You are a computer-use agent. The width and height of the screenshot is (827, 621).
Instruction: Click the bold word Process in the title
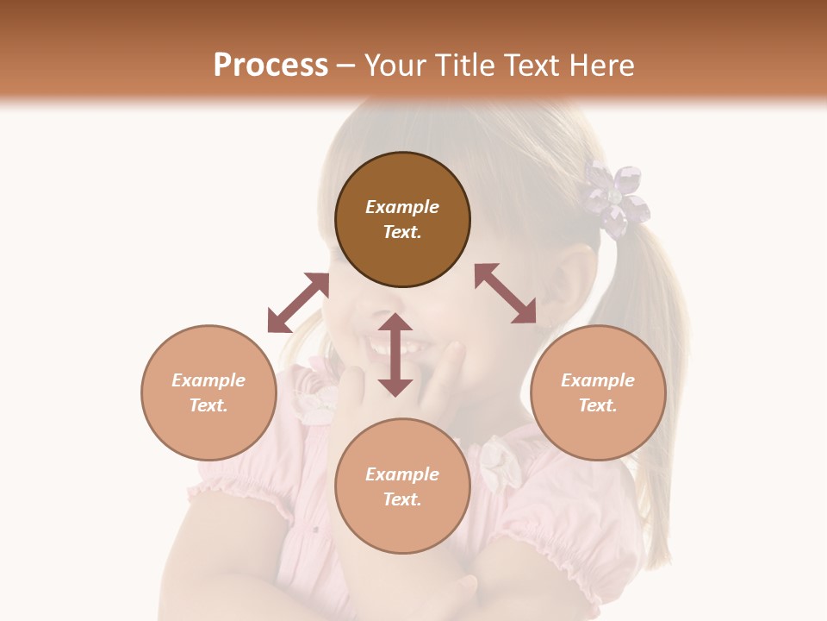(x=270, y=66)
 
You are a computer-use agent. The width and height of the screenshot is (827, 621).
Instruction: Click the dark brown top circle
(x=402, y=219)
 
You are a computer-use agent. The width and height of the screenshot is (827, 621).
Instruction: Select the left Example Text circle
(x=208, y=392)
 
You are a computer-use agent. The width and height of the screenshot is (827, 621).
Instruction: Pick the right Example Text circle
(x=598, y=392)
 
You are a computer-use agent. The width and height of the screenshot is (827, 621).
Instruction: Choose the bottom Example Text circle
(x=402, y=486)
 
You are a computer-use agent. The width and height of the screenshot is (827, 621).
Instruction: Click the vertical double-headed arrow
(x=395, y=354)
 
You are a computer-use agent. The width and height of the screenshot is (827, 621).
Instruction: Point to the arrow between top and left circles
(x=298, y=302)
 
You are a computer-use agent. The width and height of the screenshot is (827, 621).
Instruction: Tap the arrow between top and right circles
(x=505, y=293)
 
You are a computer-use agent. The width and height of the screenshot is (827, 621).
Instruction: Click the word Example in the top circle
(x=402, y=207)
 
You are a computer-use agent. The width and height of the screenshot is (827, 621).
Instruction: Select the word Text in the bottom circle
(x=402, y=499)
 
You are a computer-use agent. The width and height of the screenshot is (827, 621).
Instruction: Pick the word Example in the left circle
(x=208, y=380)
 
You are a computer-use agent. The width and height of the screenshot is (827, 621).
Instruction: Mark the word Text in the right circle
(x=598, y=405)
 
